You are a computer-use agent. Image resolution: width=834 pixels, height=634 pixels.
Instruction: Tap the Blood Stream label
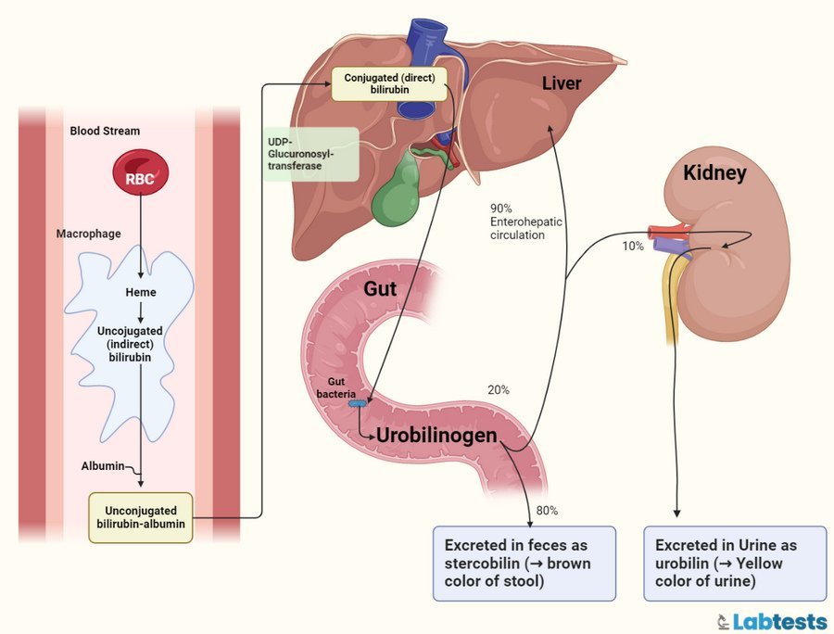[105, 131]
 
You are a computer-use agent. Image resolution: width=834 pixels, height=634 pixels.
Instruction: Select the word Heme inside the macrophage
[141, 293]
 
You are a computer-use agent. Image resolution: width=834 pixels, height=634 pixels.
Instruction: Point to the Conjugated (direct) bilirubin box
[388, 83]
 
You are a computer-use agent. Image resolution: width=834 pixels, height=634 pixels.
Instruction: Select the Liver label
[562, 84]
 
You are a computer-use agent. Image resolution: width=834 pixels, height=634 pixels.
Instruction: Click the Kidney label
[714, 172]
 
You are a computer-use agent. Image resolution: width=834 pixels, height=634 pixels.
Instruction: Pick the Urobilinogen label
[436, 435]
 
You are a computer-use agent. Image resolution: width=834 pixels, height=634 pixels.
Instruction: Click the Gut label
[380, 289]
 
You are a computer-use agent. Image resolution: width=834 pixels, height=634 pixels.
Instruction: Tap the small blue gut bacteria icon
[358, 403]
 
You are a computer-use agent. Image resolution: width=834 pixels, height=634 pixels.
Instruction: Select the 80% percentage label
[547, 511]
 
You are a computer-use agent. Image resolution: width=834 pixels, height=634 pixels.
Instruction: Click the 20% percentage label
[498, 390]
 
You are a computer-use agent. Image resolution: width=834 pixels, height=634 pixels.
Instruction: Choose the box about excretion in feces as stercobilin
[524, 564]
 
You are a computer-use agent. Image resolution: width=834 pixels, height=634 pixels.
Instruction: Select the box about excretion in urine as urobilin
[732, 564]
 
